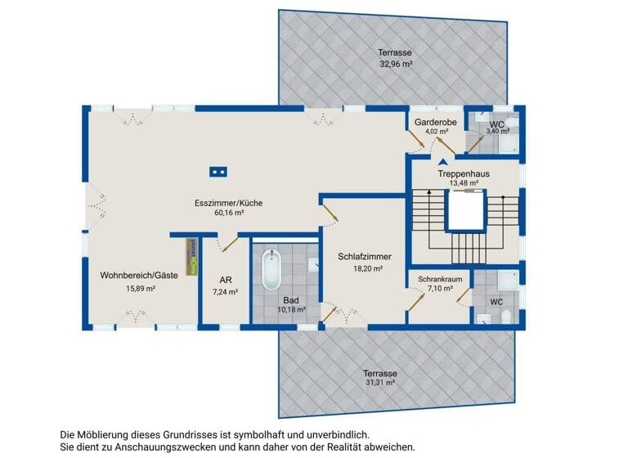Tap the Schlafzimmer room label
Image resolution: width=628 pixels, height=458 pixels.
pos(365,256)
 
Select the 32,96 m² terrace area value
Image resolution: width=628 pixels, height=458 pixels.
pos(396,63)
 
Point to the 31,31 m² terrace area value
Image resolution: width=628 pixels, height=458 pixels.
pos(379,382)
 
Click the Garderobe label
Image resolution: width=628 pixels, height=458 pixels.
pos(434,121)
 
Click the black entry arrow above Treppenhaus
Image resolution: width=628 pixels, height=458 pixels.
pos(444,162)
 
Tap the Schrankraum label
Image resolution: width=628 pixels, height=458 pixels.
pos(441,279)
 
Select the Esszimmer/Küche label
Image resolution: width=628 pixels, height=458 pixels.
pos(228,203)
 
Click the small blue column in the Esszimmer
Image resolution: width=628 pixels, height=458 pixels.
pos(218,172)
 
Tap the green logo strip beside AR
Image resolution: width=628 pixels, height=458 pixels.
pos(192,255)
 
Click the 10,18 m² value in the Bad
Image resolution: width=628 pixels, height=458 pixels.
pos(291,310)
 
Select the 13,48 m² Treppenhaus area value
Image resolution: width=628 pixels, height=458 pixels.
pos(464,183)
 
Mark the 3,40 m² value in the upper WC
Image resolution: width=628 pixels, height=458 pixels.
pos(497,131)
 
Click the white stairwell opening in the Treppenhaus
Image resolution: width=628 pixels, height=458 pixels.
pos(464,215)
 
